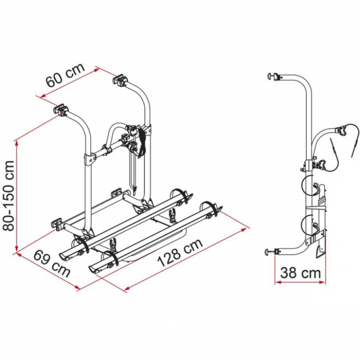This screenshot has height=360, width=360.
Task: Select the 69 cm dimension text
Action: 51,263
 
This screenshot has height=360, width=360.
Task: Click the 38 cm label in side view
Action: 300,273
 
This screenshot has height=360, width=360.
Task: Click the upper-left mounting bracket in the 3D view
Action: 61,109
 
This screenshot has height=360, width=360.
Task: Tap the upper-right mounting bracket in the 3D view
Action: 120,80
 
